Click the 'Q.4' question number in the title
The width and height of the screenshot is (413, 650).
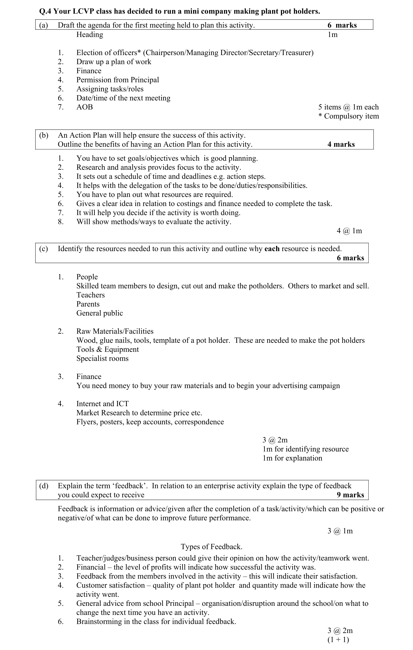[x=45, y=11]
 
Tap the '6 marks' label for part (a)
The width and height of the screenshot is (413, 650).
[x=342, y=25]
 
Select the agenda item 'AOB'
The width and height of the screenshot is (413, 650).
[x=84, y=107]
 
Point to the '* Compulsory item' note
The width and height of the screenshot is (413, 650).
[x=349, y=116]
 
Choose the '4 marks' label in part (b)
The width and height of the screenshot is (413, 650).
[x=341, y=144]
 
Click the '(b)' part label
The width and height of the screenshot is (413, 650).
[x=44, y=135]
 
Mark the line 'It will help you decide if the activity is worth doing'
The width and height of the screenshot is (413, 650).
[x=158, y=213]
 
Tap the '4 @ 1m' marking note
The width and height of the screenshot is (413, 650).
[x=349, y=231]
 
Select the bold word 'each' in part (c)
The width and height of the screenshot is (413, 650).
[x=272, y=249]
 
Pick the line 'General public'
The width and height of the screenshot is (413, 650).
[x=100, y=313]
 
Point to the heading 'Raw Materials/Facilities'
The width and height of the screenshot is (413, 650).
[x=115, y=331]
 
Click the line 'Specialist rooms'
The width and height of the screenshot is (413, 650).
[x=102, y=358]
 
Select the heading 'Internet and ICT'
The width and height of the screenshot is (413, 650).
[x=102, y=404]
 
